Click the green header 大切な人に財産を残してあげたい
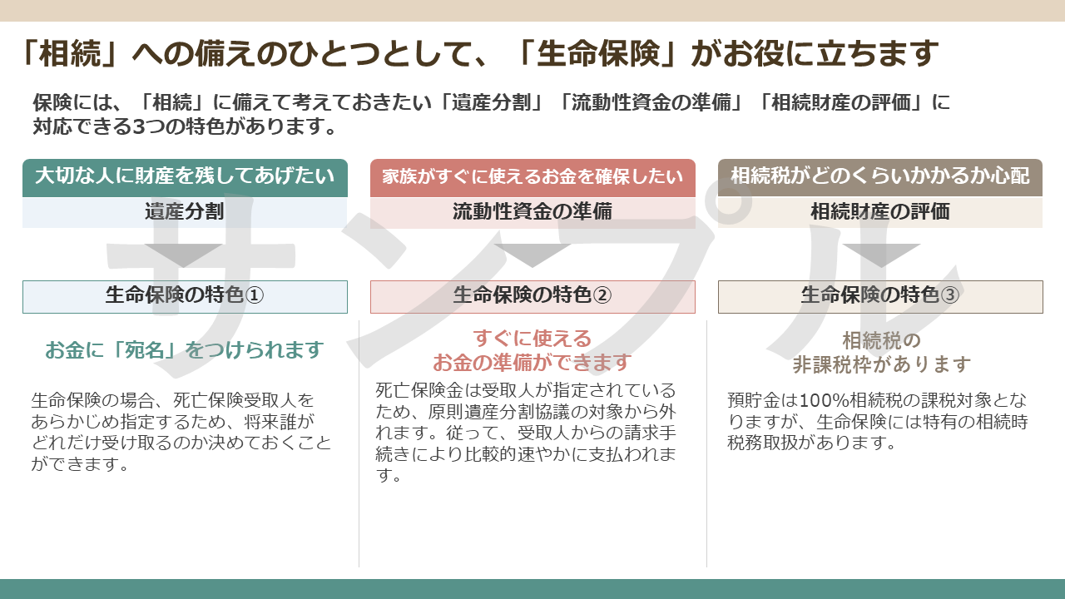[185, 178]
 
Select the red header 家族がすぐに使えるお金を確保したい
[532, 178]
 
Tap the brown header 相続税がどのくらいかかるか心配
[880, 177]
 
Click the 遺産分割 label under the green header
[185, 211]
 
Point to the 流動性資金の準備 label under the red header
[532, 211]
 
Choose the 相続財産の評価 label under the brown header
[880, 211]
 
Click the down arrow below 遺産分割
[184, 255]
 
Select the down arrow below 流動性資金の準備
[532, 255]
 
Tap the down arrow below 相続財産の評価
[881, 255]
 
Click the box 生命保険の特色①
[185, 297]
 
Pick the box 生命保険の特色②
[532, 297]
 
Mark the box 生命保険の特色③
[880, 297]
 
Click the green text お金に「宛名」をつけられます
[185, 350]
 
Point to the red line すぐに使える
[532, 339]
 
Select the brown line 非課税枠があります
[881, 364]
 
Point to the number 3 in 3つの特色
[138, 127]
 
